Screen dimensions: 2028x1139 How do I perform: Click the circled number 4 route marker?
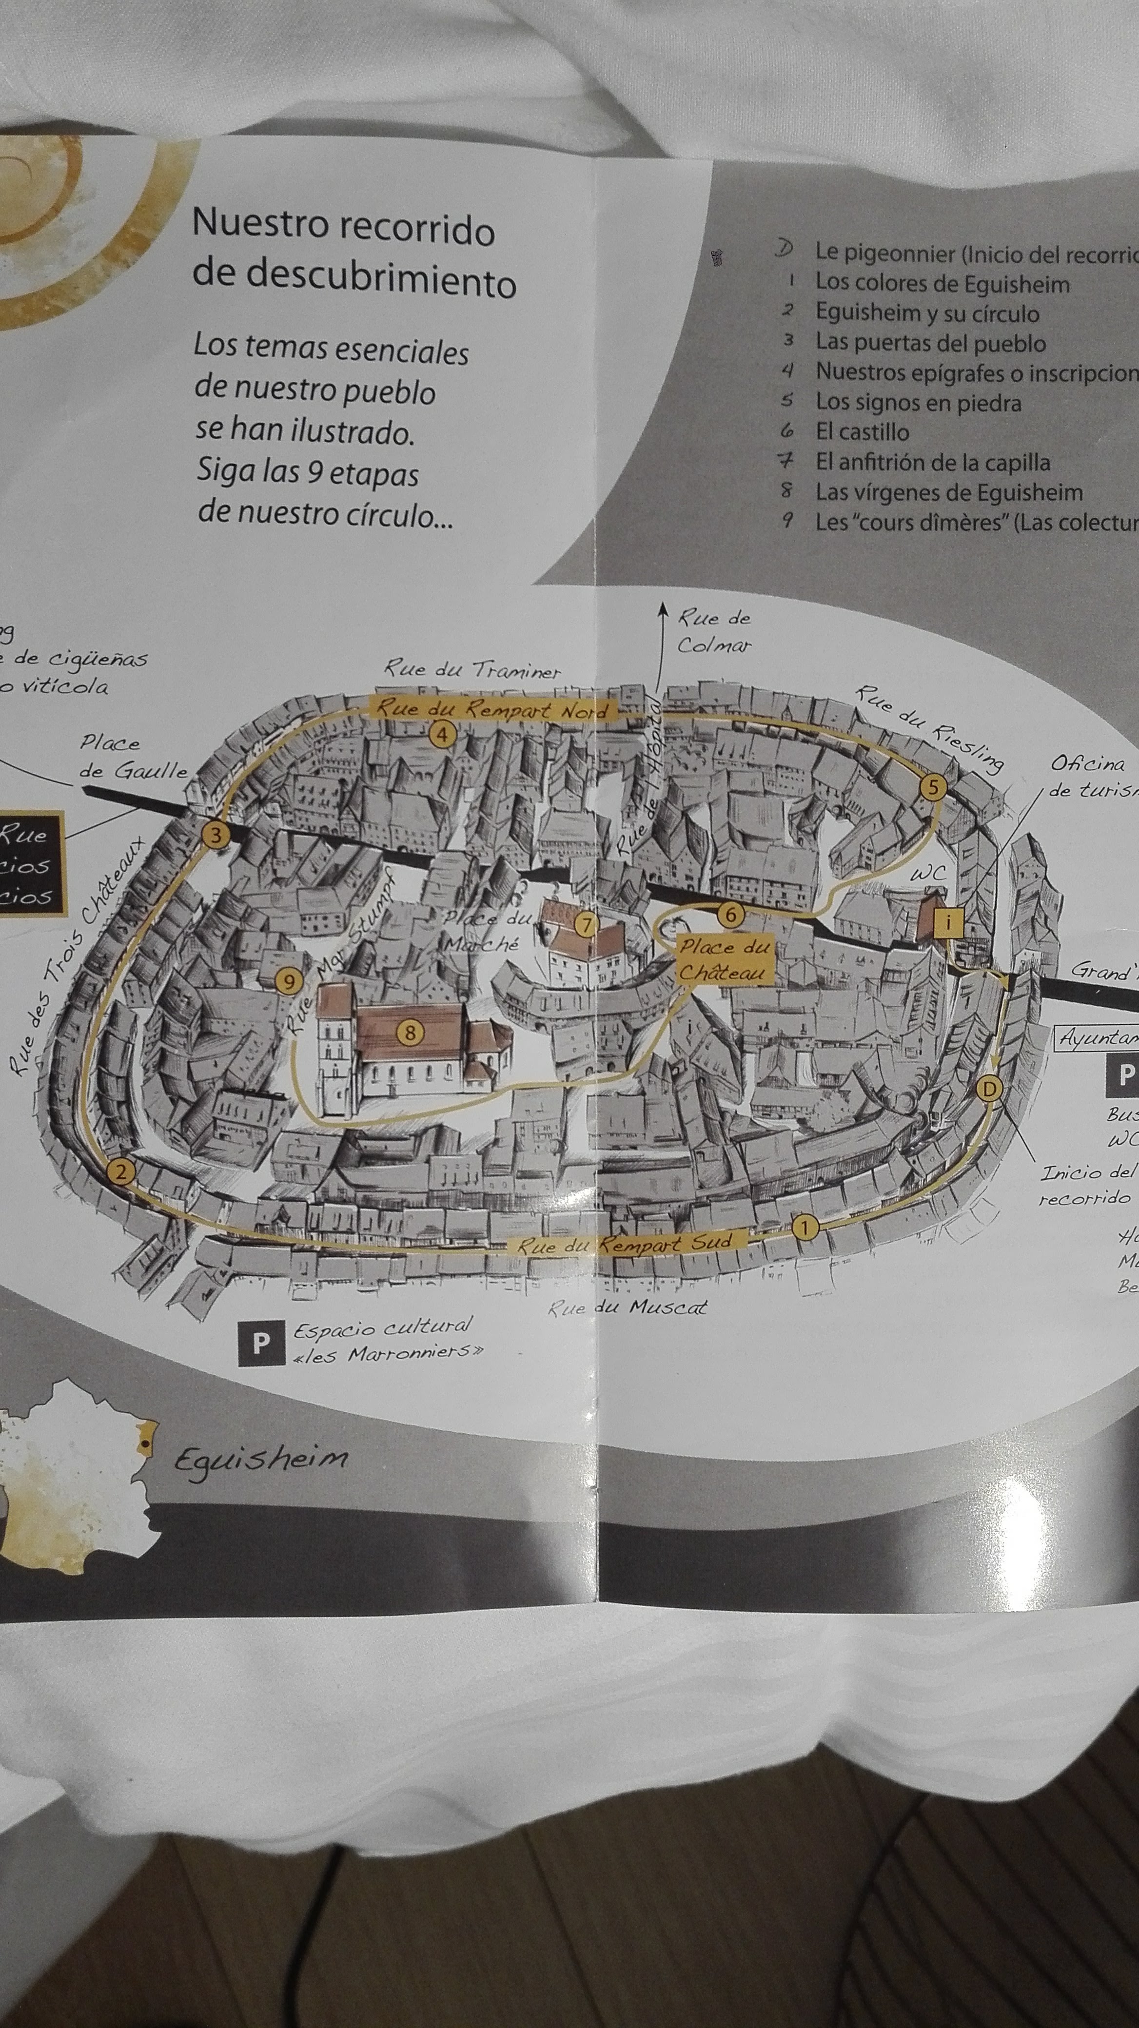pos(442,735)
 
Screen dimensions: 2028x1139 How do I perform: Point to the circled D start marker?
pos(989,1090)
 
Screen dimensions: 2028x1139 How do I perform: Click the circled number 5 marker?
pos(932,787)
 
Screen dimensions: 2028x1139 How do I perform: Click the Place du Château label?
pos(723,960)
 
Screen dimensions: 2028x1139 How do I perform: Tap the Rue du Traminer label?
pos(472,671)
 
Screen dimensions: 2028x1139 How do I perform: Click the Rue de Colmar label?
pos(714,632)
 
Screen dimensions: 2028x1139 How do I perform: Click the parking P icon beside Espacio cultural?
pos(259,1343)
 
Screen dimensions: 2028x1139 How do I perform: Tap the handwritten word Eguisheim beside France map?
pos(260,1458)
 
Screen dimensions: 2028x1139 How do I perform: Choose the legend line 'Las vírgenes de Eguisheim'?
pos(948,493)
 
